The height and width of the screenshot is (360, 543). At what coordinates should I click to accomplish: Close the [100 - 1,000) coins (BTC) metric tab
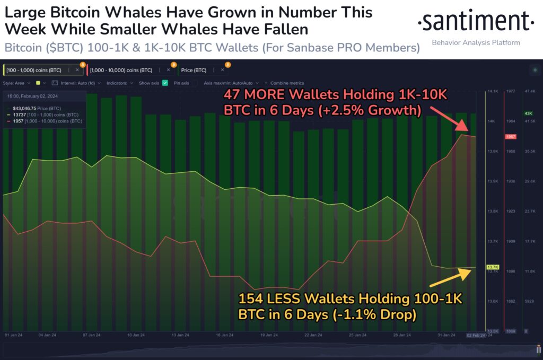point(77,69)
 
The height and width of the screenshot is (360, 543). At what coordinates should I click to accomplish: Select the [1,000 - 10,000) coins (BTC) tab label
point(120,69)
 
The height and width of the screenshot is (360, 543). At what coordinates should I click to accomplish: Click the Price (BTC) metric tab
point(194,69)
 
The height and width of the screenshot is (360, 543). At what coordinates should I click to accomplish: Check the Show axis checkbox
point(165,83)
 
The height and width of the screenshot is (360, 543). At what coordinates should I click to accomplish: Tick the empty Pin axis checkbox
point(194,83)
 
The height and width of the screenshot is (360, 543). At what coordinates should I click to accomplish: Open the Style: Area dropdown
point(16,83)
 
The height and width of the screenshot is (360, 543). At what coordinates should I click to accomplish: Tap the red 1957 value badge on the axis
point(511,137)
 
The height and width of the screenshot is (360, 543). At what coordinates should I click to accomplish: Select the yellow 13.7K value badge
point(492,267)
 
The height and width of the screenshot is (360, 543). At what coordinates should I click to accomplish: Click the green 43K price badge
point(528,113)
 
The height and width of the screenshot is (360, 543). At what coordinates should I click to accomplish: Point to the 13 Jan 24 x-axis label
point(180,335)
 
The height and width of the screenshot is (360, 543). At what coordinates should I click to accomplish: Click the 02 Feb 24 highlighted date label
point(476,335)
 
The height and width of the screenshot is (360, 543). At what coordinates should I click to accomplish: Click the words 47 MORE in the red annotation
point(255,95)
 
